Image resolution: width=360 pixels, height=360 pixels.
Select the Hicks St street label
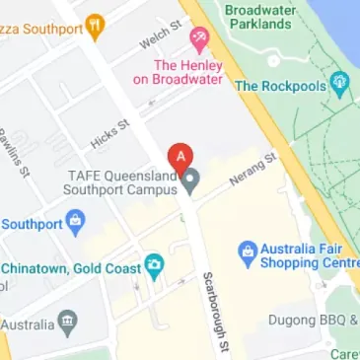pos(109,134)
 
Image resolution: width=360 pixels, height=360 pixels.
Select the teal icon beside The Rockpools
pos(340,86)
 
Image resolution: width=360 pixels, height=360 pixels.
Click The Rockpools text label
pos(280,86)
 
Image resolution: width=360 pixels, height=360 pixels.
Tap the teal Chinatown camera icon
pos(153,266)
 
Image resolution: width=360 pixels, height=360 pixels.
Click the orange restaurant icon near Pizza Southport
pos(94,27)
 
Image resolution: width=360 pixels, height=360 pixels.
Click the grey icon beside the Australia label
pos(67,322)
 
